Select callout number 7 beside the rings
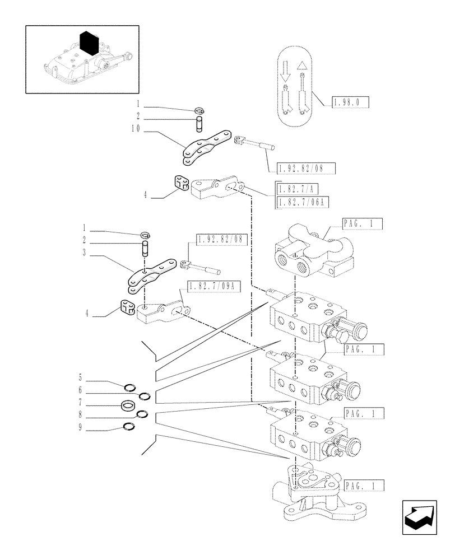pos(81,402)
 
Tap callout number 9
pos(81,427)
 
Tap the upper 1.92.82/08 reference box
pos(305,167)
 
